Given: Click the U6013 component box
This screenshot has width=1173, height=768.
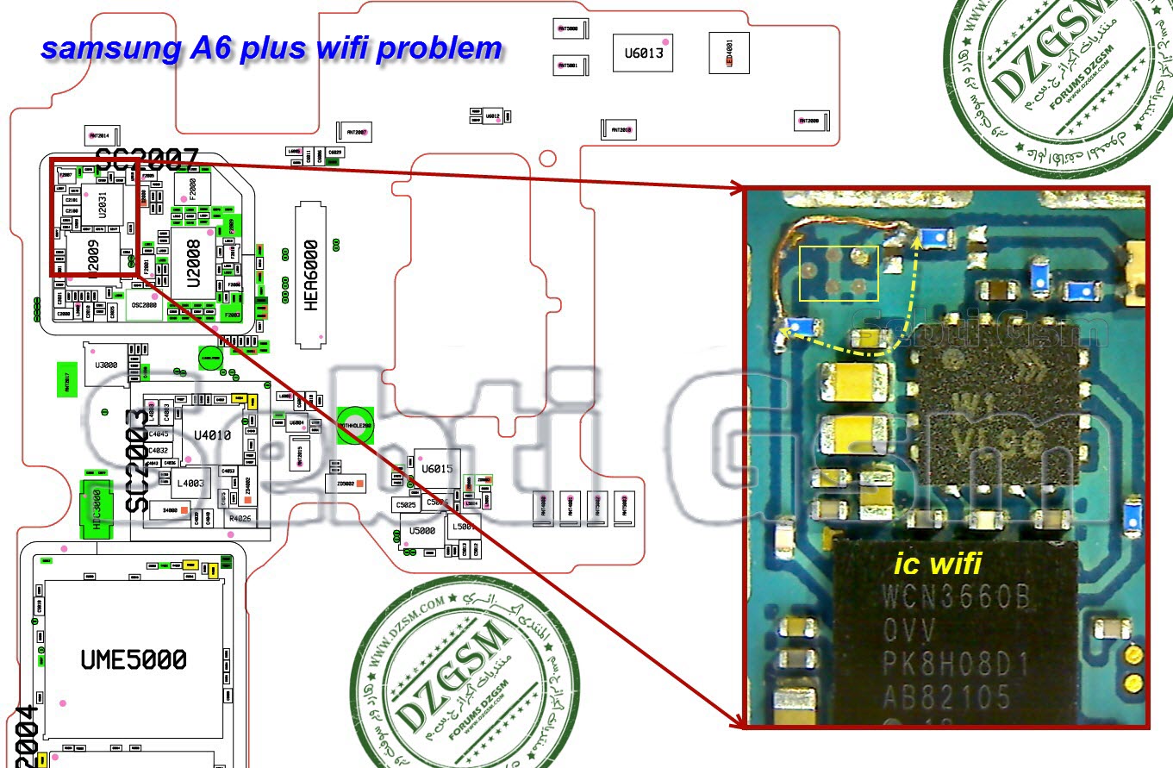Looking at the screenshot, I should coord(643,53).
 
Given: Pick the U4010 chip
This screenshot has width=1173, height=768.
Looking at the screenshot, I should coord(212,435).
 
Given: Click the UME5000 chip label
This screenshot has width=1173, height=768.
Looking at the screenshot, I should coord(134,660).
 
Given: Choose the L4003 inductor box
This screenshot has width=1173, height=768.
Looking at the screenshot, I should coord(190,484).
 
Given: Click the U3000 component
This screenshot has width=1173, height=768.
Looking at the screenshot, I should coord(106,365).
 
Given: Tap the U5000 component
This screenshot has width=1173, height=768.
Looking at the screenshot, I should coord(422,531).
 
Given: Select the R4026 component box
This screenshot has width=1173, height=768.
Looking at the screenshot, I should coord(240,519).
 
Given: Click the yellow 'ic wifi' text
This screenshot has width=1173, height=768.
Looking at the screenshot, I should coord(938,564).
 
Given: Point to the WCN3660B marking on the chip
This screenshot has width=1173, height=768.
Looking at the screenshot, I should coord(955,597).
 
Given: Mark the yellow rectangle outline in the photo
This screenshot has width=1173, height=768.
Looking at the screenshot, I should coord(839,273).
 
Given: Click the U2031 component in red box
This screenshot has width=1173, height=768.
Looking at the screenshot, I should coord(102,206).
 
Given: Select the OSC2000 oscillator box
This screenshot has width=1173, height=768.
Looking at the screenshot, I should coord(144,305).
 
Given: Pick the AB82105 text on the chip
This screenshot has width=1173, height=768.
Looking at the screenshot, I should coord(946,695).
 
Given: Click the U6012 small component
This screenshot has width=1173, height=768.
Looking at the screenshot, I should coord(492,116).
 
